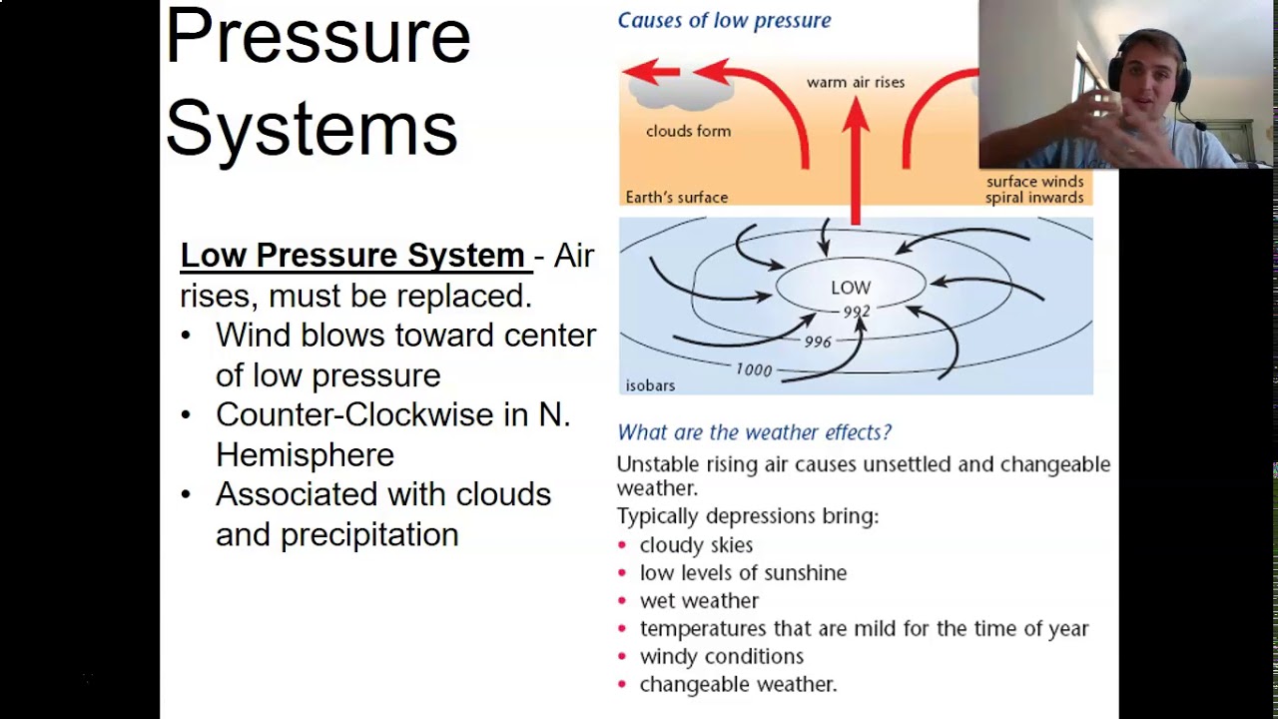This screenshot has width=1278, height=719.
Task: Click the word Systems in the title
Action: pos(311,128)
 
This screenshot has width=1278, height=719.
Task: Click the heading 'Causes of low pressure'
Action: pos(724,20)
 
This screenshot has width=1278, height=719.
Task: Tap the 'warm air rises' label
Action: pos(856,82)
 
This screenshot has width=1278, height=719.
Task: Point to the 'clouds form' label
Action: pos(688,131)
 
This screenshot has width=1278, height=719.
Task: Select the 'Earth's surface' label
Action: pos(676,198)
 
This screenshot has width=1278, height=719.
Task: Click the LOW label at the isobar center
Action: pos(851,288)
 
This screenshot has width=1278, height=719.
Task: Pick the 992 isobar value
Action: pos(856,312)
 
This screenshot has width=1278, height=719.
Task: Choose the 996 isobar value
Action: pos(818,342)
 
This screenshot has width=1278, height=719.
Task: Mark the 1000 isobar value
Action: pos(754,370)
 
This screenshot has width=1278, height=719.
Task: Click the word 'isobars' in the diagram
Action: pos(650,385)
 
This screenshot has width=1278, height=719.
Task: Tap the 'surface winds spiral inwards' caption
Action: pos(1034,190)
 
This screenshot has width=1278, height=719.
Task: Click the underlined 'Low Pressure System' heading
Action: pos(352,256)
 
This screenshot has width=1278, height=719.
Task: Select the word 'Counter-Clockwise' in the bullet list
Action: pos(354,414)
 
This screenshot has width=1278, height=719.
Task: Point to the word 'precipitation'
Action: pos(369,535)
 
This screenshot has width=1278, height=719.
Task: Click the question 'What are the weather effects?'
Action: pos(754,432)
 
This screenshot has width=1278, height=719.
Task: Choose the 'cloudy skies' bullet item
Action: pos(696,545)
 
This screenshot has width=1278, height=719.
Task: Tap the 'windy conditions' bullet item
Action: pos(721,657)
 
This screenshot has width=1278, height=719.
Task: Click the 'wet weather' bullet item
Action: pos(699,601)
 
